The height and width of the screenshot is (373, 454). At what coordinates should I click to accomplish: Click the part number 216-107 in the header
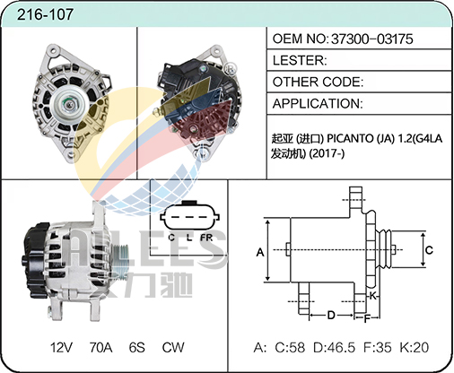coord(45,14)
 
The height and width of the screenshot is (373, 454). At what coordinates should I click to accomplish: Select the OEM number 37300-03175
coord(371,39)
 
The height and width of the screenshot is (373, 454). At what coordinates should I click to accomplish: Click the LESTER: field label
coord(300,60)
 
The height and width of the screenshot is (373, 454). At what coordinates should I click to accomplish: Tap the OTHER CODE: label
coord(318,82)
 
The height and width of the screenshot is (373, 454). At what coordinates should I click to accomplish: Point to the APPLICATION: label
coord(318,103)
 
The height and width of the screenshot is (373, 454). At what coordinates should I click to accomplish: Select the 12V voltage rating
coord(61,347)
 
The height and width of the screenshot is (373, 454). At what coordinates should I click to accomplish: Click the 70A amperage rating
coord(100,347)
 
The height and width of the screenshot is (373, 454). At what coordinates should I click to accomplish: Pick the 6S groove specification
coord(137,347)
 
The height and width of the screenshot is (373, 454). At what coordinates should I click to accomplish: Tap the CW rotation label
coord(173,347)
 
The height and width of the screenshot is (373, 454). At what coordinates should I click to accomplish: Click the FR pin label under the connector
coord(206,238)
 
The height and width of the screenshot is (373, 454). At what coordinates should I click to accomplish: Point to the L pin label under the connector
coord(188,238)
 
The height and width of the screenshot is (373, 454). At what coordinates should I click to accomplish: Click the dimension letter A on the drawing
coord(260,253)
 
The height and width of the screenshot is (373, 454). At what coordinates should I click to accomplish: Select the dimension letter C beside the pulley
coord(429,250)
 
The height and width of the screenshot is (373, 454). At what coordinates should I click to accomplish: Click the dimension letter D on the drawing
coord(331,315)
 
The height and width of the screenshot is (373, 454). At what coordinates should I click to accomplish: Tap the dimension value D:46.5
coord(334,347)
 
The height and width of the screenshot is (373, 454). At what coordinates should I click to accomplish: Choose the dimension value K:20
coord(415,347)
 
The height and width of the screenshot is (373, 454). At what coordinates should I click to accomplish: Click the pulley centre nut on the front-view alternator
coord(69,104)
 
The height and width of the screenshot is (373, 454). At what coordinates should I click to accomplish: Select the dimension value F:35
coord(378,347)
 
